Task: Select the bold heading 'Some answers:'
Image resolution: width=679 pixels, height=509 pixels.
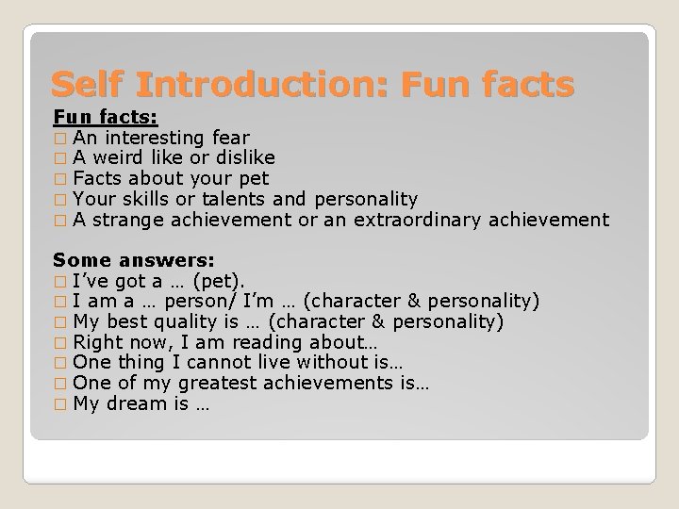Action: point(133,259)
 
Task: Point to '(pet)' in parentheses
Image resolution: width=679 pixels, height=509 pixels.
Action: point(217,280)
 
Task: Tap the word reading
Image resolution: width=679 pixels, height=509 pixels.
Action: point(236,342)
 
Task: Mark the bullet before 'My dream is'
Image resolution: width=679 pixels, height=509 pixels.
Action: point(60,404)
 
